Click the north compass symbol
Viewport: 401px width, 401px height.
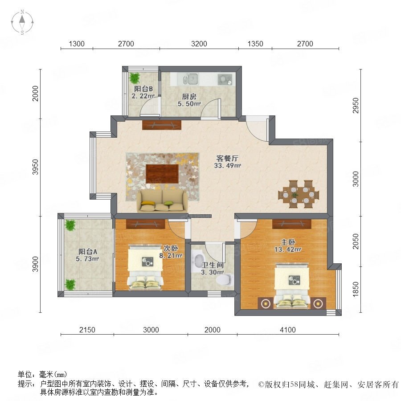click(22, 22)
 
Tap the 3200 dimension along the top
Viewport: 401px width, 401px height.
click(199, 44)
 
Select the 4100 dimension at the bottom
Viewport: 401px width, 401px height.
click(288, 330)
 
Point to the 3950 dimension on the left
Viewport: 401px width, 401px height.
click(36, 167)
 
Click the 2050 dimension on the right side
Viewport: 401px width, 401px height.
click(356, 241)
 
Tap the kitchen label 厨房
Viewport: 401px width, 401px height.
click(189, 96)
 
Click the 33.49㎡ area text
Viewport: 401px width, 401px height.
click(227, 165)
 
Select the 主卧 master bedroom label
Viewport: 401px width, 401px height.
click(288, 242)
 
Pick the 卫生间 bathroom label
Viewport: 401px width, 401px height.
click(213, 265)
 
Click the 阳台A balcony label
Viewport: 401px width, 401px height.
click(88, 251)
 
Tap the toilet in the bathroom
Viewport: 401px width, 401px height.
click(225, 279)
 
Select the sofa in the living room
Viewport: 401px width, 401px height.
click(162, 201)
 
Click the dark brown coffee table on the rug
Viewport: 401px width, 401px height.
click(162, 174)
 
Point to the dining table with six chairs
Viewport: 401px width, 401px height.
click(299, 194)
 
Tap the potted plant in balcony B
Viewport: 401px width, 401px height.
click(135, 78)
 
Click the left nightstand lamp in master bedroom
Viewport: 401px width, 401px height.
click(266, 303)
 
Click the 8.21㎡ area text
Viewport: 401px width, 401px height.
click(171, 255)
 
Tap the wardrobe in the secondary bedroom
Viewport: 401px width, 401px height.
click(146, 224)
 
